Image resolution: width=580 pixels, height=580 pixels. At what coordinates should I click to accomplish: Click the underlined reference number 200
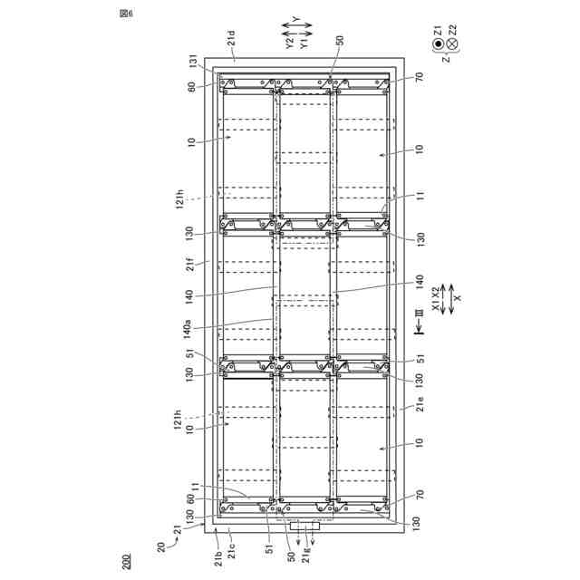[x=126, y=562]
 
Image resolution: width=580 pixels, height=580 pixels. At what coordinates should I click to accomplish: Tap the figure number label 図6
[x=126, y=14]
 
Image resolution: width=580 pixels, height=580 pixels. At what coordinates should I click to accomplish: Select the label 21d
[x=231, y=38]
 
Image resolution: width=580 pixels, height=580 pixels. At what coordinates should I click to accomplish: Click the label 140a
[x=187, y=329]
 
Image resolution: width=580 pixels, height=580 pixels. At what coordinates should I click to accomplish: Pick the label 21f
[x=189, y=264]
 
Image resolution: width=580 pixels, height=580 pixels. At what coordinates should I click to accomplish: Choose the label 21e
[x=420, y=404]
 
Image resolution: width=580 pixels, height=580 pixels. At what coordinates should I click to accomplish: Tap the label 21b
[x=218, y=558]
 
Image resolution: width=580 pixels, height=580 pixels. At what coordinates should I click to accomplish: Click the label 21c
[x=232, y=551]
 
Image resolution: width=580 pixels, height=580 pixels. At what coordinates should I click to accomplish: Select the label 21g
[x=306, y=555]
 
